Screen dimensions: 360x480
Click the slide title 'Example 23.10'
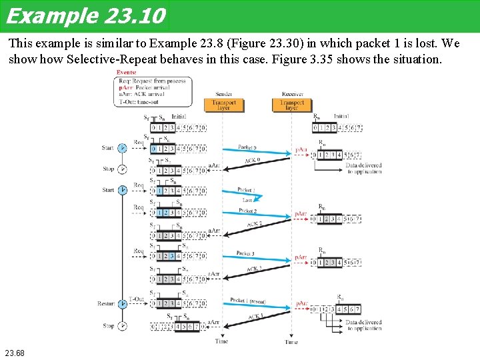(85, 15)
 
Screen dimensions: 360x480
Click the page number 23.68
(14, 351)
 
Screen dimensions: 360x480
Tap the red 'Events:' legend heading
(127, 72)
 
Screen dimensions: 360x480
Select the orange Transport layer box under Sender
(224, 105)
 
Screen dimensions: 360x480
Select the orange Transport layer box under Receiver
(292, 105)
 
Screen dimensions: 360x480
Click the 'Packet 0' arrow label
(247, 147)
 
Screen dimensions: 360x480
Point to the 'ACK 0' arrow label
(252, 161)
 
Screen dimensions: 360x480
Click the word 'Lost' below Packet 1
(247, 199)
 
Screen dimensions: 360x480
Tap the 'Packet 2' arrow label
(247, 211)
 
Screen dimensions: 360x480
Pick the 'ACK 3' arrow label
(255, 269)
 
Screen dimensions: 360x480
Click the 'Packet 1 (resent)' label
(247, 301)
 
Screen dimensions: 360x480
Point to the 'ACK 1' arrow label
(256, 316)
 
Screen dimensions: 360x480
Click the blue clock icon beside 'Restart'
(123, 303)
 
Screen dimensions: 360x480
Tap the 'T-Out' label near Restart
(136, 299)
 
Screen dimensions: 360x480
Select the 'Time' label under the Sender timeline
(221, 341)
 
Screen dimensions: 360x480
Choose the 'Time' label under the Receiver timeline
(291, 342)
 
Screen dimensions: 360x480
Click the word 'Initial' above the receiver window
(341, 116)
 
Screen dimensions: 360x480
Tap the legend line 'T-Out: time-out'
(137, 102)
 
